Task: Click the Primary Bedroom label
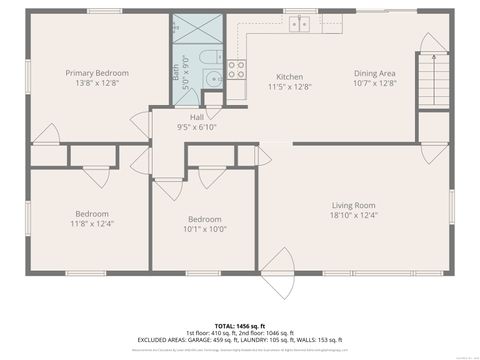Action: click(x=97, y=73)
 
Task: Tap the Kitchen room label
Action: click(x=290, y=77)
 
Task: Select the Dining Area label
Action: click(x=375, y=73)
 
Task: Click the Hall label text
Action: click(x=197, y=117)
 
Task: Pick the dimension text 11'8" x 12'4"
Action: click(x=93, y=223)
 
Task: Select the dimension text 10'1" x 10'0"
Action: click(x=204, y=229)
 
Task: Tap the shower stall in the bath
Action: click(x=186, y=29)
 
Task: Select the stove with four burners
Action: click(x=237, y=69)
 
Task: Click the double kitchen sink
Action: click(x=299, y=24)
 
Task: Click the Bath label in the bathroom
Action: click(x=176, y=71)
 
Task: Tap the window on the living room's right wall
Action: click(x=451, y=205)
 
